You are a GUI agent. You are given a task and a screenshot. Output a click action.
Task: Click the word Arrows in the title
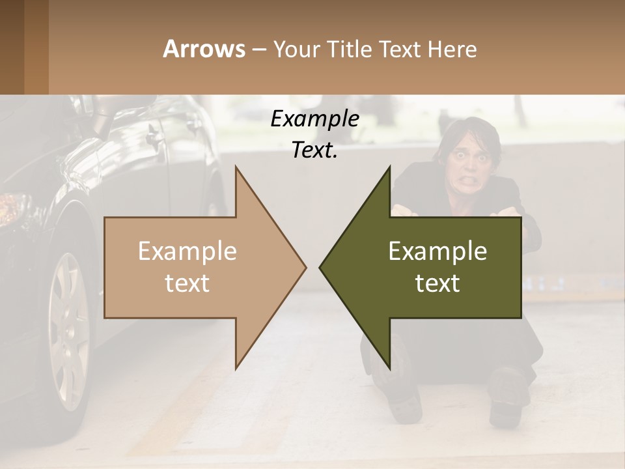tap(204, 49)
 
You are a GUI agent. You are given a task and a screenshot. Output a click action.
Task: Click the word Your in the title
tap(297, 49)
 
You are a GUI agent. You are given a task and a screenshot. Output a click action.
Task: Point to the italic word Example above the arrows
tap(314, 119)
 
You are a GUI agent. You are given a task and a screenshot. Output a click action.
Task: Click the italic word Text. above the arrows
tap(314, 150)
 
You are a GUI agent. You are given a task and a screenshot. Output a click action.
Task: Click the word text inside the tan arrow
tap(187, 283)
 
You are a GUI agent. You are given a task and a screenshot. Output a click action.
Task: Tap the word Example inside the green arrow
tap(437, 251)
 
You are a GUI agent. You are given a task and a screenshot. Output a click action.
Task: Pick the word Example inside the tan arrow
tap(187, 251)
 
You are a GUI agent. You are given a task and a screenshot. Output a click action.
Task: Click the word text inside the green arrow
tap(437, 283)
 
